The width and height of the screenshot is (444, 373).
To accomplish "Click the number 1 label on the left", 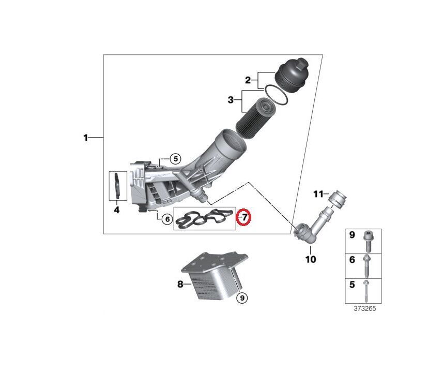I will pos(86,138).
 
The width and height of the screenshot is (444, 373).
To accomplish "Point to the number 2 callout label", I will pos(248,80).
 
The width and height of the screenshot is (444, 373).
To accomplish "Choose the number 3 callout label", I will pos(231,99).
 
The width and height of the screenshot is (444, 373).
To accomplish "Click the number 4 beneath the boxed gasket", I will pos(117,210).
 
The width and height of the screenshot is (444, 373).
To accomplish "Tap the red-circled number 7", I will pos(243,218).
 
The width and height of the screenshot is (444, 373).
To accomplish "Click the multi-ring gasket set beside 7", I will pos(204,219).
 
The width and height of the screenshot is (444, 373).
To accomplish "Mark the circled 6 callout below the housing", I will pos(166,219).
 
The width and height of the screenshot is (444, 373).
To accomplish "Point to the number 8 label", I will pos(180,284).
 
